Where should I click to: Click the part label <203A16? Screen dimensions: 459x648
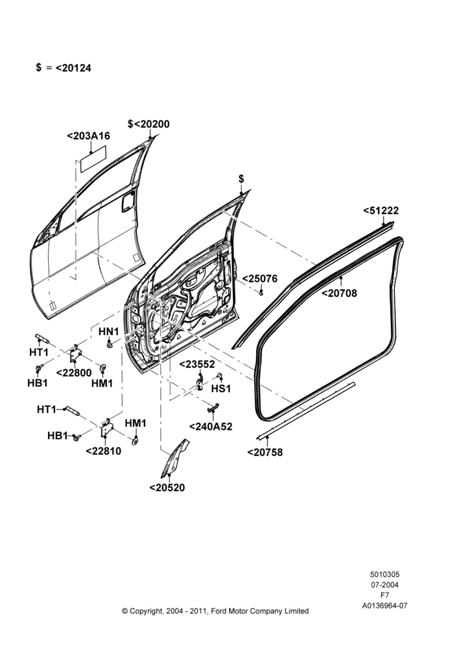(x=88, y=136)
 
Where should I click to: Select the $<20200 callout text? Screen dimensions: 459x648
(x=148, y=124)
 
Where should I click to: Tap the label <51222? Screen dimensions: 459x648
(x=381, y=211)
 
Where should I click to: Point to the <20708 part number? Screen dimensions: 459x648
(x=339, y=294)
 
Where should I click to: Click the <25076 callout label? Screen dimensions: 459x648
(x=260, y=279)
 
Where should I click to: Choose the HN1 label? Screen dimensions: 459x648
(x=108, y=331)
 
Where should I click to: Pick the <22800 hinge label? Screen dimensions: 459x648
(x=74, y=373)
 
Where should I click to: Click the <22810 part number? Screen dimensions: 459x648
(x=103, y=451)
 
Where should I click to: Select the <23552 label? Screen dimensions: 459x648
(x=197, y=364)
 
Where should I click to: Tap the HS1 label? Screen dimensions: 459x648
(x=221, y=389)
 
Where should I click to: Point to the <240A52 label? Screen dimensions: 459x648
(x=211, y=426)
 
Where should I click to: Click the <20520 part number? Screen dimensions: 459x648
(x=167, y=488)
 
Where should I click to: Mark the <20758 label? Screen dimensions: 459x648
(x=265, y=452)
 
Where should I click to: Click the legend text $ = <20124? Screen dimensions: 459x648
(x=64, y=68)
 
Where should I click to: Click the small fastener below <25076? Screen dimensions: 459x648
(x=261, y=293)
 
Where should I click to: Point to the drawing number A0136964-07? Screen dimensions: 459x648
(x=384, y=606)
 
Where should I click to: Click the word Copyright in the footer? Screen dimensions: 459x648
(x=147, y=611)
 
